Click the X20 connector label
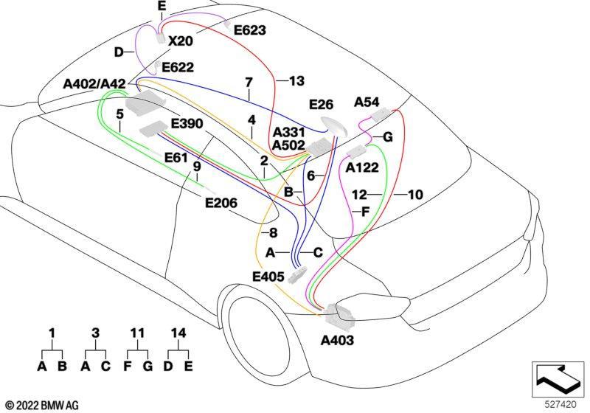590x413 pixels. click(x=181, y=41)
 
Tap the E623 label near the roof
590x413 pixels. click(x=250, y=30)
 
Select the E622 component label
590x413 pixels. click(x=178, y=67)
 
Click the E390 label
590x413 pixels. click(x=187, y=123)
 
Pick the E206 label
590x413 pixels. click(x=221, y=203)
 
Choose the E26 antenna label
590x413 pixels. click(x=321, y=105)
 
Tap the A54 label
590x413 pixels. click(x=367, y=102)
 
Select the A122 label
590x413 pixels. click(x=362, y=167)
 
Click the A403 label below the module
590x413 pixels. click(x=338, y=341)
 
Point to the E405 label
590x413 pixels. click(x=268, y=277)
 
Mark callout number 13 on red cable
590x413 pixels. click(x=296, y=81)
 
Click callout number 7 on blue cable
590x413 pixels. click(x=249, y=83)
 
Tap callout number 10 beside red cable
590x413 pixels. click(x=415, y=195)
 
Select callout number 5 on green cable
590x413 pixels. click(x=119, y=114)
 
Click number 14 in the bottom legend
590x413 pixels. click(x=178, y=333)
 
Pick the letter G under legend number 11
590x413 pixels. click(x=148, y=366)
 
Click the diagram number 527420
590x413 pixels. click(x=560, y=405)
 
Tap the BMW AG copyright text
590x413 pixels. click(x=43, y=406)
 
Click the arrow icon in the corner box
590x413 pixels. click(x=558, y=379)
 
